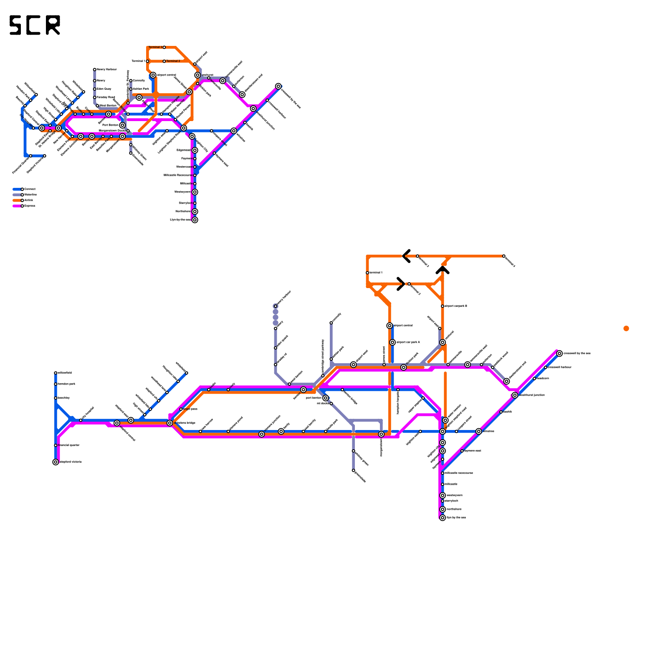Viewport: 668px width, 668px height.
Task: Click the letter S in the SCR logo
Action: (15, 25)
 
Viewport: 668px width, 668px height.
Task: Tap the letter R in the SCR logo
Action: (53, 25)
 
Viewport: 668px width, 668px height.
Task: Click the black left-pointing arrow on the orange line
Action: (406, 256)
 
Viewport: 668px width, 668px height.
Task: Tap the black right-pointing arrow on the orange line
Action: (401, 284)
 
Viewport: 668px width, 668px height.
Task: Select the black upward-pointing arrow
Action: (443, 271)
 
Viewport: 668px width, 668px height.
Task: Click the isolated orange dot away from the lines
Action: (626, 329)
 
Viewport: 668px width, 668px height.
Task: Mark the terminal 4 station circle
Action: (504, 256)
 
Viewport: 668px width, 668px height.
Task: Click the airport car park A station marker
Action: (392, 342)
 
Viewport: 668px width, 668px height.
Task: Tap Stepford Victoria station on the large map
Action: (56, 462)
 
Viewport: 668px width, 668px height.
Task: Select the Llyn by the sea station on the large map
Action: (443, 518)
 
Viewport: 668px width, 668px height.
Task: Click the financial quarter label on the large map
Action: (69, 445)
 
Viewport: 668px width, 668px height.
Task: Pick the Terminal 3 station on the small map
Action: (164, 47)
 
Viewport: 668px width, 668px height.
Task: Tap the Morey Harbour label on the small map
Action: (107, 69)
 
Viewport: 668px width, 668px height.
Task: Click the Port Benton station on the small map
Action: (122, 125)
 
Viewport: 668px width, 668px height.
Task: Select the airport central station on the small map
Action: (153, 75)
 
